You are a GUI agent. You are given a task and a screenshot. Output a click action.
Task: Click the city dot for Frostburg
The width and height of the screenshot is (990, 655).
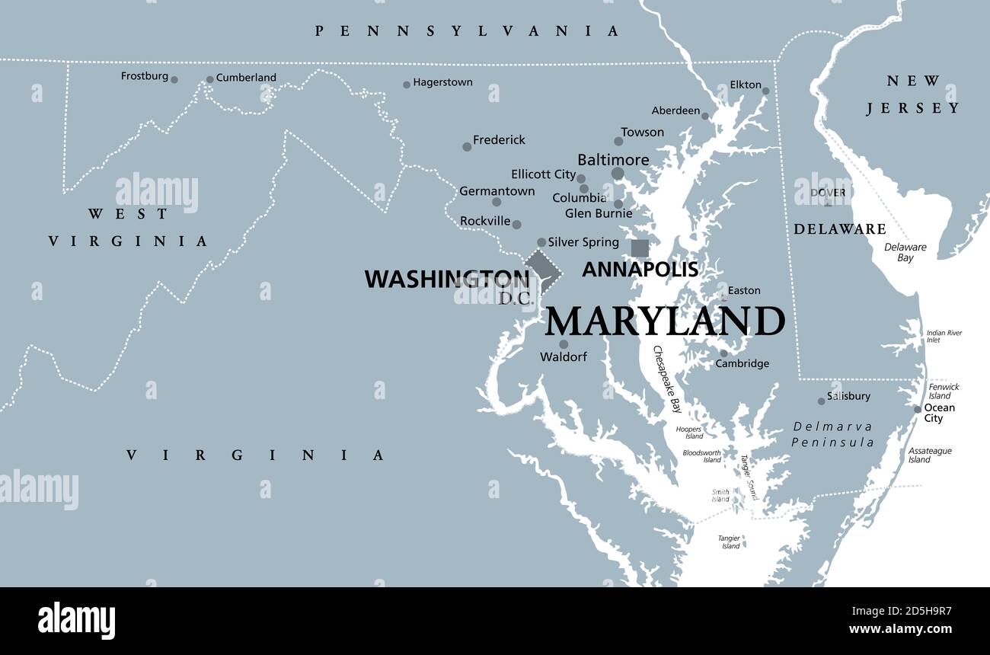pyautogui.click(x=174, y=79)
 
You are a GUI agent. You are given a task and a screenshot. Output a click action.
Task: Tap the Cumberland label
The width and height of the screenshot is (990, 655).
pyautogui.click(x=246, y=78)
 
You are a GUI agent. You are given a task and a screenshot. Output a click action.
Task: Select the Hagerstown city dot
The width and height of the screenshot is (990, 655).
pyautogui.click(x=407, y=85)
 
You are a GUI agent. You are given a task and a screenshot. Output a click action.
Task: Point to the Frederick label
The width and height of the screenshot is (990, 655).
pyautogui.click(x=499, y=140)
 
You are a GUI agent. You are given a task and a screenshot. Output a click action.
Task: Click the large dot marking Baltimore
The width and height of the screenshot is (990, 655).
pyautogui.click(x=618, y=174)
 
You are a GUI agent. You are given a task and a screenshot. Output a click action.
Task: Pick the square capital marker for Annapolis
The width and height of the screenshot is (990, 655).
pyautogui.click(x=640, y=248)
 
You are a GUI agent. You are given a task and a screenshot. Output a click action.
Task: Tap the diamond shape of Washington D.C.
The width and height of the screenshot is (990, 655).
pyautogui.click(x=542, y=270)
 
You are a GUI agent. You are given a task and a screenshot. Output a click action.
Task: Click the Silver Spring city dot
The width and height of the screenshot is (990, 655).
pyautogui.click(x=541, y=242)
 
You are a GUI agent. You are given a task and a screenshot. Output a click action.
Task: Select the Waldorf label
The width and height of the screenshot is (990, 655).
pyautogui.click(x=564, y=356)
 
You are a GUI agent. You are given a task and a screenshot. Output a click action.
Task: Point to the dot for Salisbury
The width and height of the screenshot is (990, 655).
pyautogui.click(x=821, y=401)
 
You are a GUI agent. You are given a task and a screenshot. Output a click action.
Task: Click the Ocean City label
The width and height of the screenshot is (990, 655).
pyautogui.click(x=939, y=413)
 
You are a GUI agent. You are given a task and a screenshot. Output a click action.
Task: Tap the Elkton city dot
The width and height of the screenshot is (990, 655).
pyautogui.click(x=765, y=91)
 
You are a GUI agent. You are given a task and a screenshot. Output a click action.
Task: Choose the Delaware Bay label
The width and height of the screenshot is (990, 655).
pyautogui.click(x=905, y=252)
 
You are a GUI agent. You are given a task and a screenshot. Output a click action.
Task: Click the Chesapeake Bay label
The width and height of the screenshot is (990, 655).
pyautogui.click(x=667, y=379)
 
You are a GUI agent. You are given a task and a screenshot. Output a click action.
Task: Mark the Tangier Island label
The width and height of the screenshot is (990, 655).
pyautogui.click(x=730, y=542)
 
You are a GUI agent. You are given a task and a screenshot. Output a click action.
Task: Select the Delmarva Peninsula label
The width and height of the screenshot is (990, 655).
pyautogui.click(x=832, y=434)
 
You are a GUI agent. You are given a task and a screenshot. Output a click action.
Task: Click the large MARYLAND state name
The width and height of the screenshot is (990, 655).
pyautogui.click(x=664, y=321)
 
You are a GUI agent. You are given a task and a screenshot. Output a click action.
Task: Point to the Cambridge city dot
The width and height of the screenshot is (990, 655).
pyautogui.click(x=723, y=353)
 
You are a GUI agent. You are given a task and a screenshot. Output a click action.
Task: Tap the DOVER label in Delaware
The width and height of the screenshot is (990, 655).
pyautogui.click(x=827, y=193)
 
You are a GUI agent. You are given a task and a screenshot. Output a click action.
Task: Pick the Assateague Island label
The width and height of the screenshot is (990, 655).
pyautogui.click(x=929, y=455)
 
